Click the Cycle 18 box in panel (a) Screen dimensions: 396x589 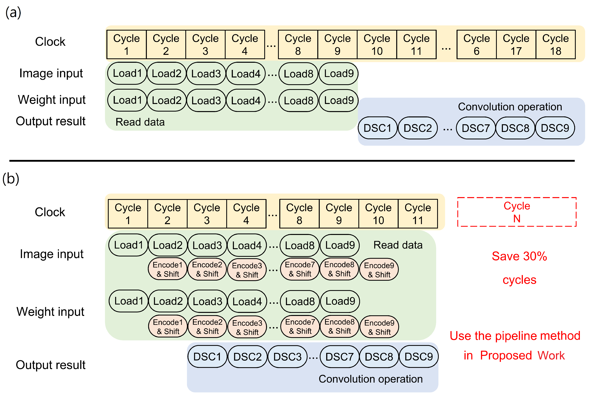[x=555, y=44]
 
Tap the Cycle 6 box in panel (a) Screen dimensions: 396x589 [x=476, y=44]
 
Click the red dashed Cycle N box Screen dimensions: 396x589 [x=517, y=212]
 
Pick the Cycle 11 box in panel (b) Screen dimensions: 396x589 [x=418, y=214]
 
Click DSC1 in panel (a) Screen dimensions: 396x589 [x=377, y=128]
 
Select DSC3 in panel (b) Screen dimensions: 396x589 [x=287, y=357]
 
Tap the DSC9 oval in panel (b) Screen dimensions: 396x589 [x=419, y=357]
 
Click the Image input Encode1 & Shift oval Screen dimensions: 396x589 [x=167, y=269]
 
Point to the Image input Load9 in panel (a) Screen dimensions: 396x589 [x=339, y=74]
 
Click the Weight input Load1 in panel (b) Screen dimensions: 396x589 [x=129, y=301]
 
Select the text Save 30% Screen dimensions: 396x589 [x=519, y=256]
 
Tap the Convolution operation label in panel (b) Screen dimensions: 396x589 [x=371, y=379]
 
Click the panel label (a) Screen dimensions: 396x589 [x=13, y=13]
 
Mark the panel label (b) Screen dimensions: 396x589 [x=11, y=179]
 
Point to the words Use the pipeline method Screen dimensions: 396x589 [x=515, y=336]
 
